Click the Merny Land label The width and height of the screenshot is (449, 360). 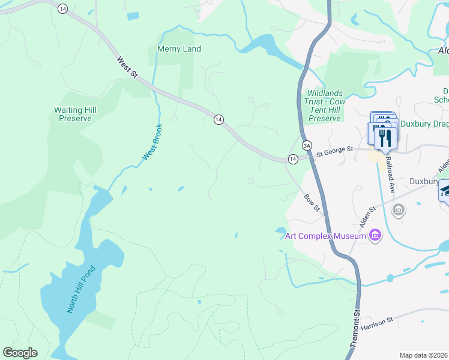click(x=178, y=49)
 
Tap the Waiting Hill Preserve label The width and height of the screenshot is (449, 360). click(x=75, y=114)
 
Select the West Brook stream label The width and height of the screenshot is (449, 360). click(x=152, y=143)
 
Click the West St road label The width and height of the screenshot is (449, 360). click(x=127, y=67)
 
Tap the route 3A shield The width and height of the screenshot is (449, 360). click(x=307, y=145)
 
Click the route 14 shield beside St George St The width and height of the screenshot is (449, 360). click(x=292, y=159)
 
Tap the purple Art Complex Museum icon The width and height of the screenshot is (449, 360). click(x=375, y=235)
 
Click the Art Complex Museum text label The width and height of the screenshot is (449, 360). click(x=325, y=236)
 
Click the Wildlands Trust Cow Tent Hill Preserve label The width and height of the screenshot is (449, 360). click(x=324, y=106)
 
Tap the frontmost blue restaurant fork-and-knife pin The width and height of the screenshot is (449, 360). click(x=385, y=137)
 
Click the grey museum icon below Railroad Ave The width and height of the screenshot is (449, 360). click(x=398, y=210)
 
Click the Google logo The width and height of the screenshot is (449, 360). click(x=20, y=353)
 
